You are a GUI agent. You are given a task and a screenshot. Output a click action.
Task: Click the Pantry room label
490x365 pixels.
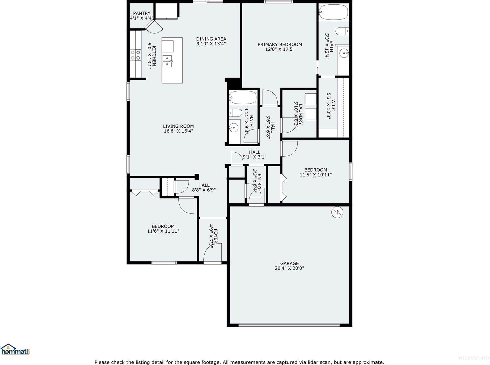[x=142, y=13]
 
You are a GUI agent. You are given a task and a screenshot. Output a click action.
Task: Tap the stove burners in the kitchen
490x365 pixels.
[x=135, y=55]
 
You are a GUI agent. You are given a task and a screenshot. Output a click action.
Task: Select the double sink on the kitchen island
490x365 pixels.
[x=167, y=61]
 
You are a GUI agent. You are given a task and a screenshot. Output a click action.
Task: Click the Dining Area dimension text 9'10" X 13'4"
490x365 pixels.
[x=211, y=44]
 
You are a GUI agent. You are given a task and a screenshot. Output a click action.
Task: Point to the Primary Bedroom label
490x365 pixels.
[x=280, y=45]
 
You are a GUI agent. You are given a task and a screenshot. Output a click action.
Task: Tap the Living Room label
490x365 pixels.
[x=178, y=126]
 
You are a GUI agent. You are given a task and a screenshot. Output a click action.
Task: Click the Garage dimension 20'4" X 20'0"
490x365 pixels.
[x=289, y=268]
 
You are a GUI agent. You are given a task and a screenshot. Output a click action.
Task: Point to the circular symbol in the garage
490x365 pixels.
[x=337, y=212]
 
